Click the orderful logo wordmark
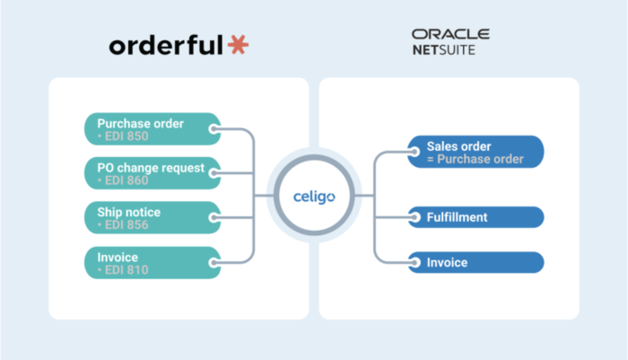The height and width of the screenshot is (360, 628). [x=166, y=45]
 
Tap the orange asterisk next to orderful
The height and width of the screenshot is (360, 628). [x=239, y=45]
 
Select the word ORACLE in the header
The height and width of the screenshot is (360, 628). [x=450, y=34]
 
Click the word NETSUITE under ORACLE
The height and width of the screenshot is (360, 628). [x=444, y=49]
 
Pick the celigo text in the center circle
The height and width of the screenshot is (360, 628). [x=314, y=197]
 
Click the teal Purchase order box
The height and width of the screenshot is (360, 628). [x=153, y=129]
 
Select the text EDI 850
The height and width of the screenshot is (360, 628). [x=126, y=136]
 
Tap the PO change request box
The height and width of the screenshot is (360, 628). [x=153, y=173]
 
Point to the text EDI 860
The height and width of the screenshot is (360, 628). [x=126, y=180]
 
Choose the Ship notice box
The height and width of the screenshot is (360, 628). [x=153, y=217]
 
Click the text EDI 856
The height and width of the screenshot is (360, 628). [x=126, y=225]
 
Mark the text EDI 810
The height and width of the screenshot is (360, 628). [x=126, y=270]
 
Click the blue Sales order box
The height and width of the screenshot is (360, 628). [x=475, y=152]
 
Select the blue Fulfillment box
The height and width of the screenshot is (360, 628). [x=475, y=217]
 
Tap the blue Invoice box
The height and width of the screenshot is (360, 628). [x=475, y=262]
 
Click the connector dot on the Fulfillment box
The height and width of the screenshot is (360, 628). [x=414, y=217]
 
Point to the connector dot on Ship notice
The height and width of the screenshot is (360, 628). [x=214, y=217]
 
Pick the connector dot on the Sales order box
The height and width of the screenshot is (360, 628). [x=414, y=152]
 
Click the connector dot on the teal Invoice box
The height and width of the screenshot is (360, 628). [x=214, y=263]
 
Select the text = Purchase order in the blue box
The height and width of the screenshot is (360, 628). [x=475, y=159]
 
